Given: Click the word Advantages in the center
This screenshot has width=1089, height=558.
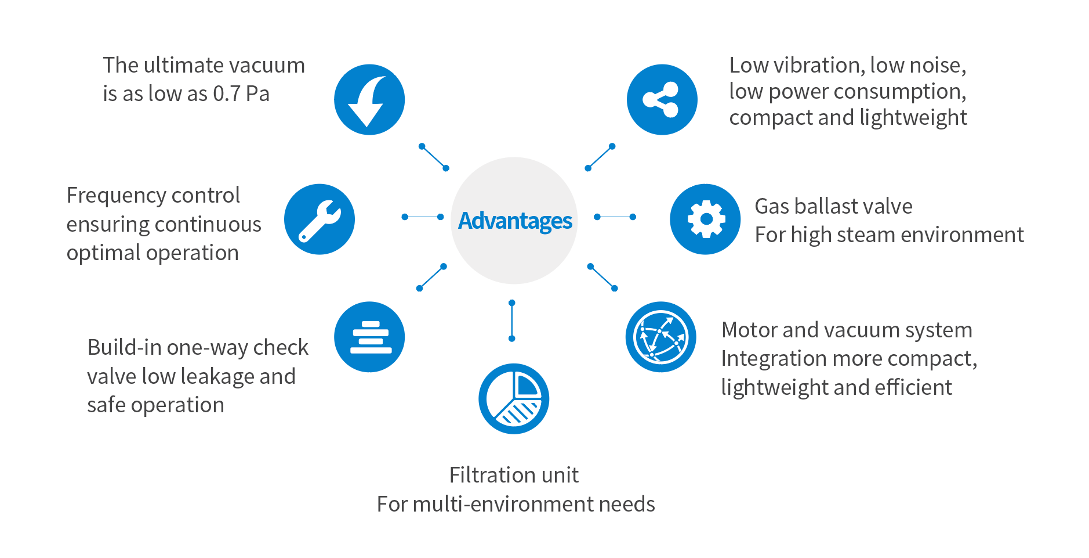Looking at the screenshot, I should [515, 221].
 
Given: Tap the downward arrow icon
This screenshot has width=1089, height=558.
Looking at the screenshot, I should [369, 100].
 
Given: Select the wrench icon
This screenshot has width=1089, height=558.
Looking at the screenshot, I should [320, 219].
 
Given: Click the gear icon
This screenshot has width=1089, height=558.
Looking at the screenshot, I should [705, 219].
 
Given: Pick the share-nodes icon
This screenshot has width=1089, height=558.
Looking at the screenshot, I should [662, 100].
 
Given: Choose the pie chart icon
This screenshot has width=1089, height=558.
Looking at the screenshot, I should [514, 399].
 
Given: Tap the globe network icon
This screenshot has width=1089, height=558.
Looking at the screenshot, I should [660, 337].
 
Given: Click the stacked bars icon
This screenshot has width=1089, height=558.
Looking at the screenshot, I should [369, 337].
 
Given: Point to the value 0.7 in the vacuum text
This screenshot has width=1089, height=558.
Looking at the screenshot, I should [226, 94].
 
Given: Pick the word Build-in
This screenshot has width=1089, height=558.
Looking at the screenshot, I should [124, 347].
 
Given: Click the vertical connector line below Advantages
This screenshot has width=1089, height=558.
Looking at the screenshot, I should [511, 321].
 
